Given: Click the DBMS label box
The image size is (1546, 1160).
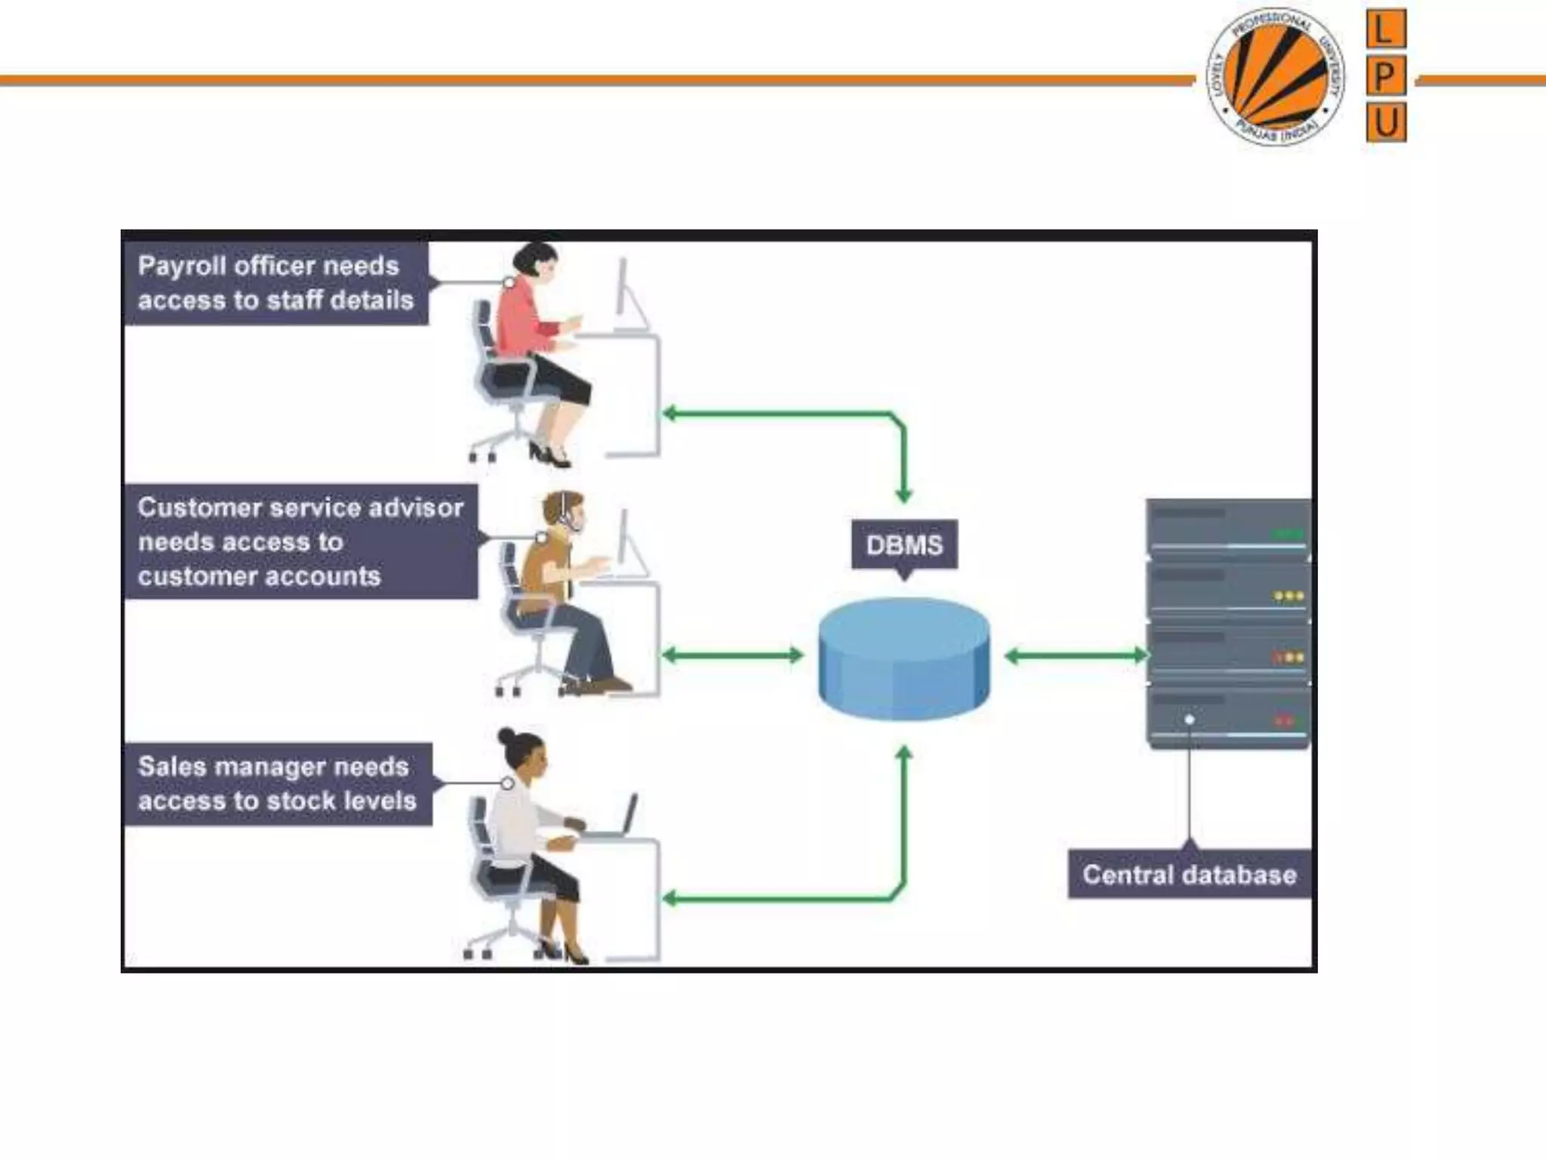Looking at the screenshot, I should click(904, 545).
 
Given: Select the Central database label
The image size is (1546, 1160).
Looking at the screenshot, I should click(1189, 875).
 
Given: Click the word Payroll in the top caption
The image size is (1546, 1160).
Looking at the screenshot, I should click(182, 266).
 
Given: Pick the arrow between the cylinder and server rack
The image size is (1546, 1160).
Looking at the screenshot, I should click(1076, 656).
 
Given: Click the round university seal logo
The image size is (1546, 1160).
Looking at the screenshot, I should click(1275, 76).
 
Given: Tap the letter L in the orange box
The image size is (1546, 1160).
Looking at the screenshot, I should click(1385, 29).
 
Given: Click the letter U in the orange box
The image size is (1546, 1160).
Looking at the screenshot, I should click(1385, 122).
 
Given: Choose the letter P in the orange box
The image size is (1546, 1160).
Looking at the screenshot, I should click(1385, 76).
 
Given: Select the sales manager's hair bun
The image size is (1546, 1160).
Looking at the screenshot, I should click(505, 736).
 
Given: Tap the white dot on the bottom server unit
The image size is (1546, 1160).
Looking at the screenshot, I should click(1190, 720).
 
